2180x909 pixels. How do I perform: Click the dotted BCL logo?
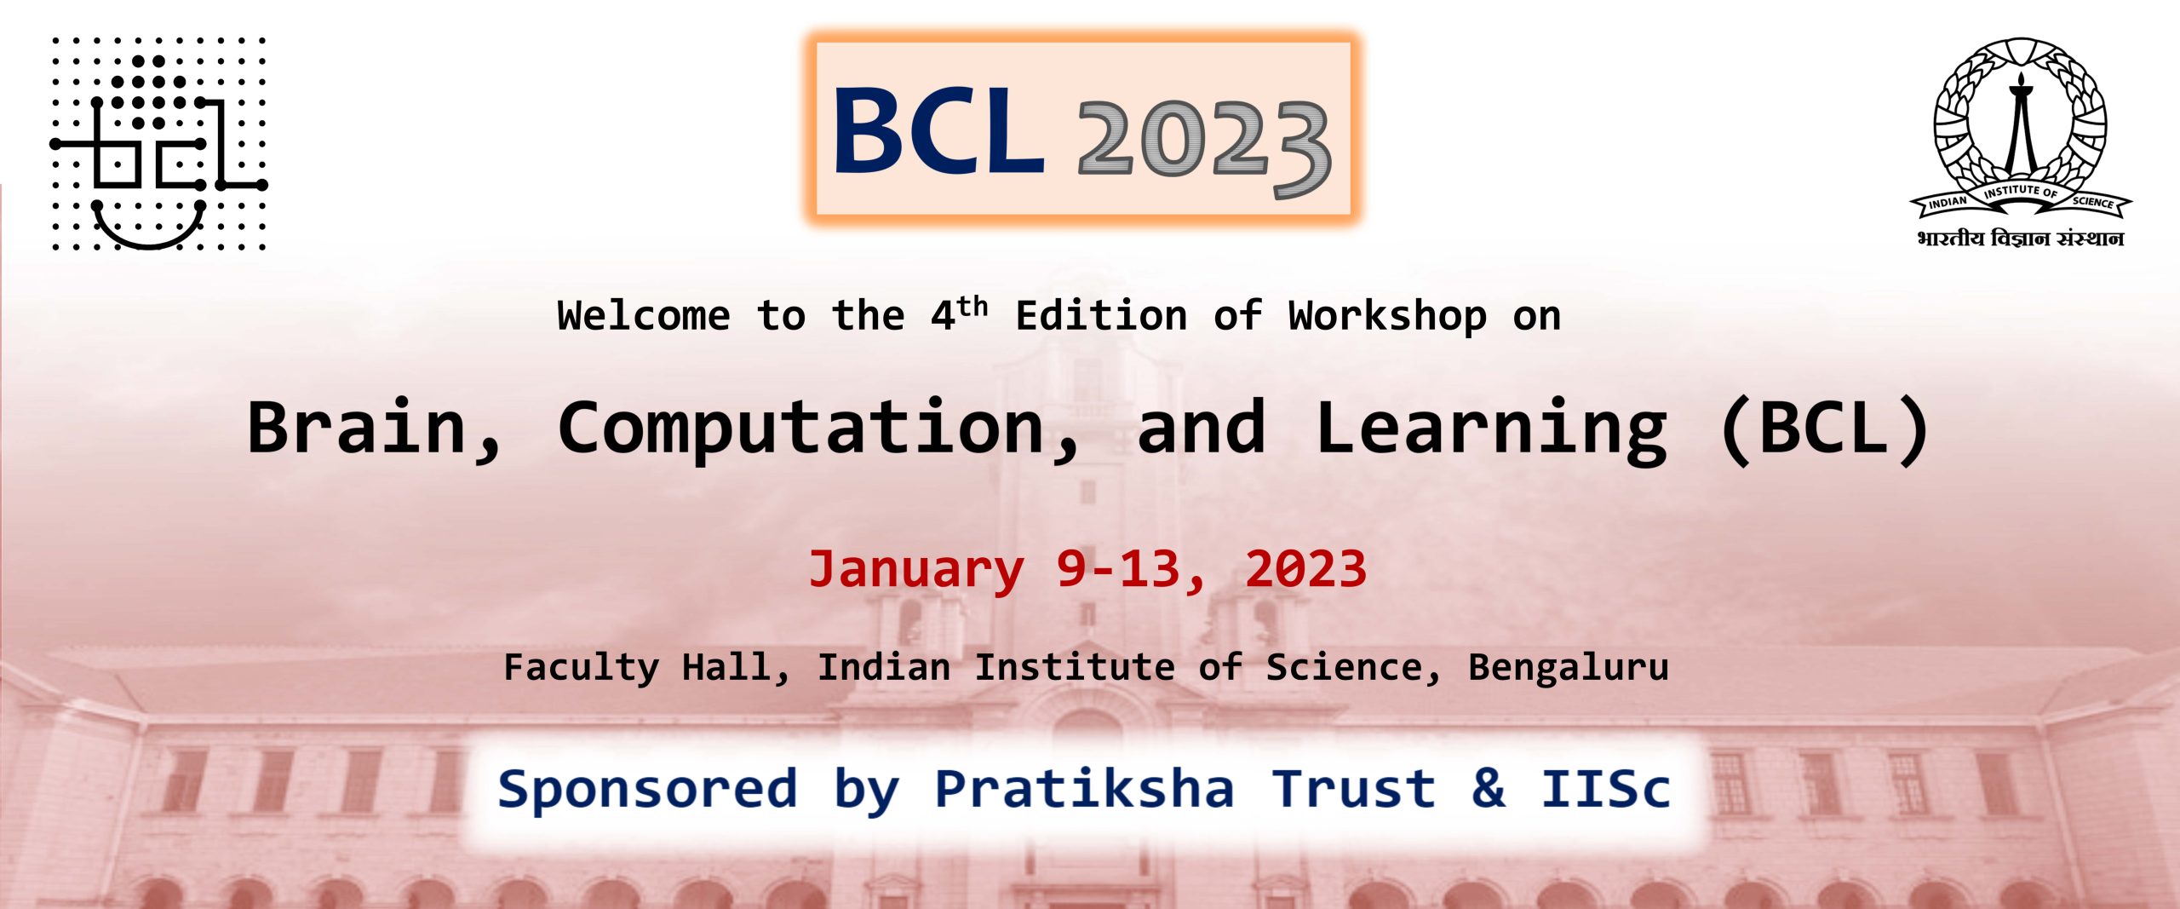point(158,143)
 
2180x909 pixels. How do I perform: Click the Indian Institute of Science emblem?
point(2020,128)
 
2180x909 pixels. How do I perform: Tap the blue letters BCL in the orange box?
point(938,131)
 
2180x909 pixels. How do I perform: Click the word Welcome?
point(644,316)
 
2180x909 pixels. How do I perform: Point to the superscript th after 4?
point(972,306)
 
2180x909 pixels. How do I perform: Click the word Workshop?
point(1387,316)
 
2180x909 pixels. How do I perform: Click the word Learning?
point(1491,431)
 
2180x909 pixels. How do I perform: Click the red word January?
point(916,570)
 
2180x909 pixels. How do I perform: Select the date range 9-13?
point(1118,568)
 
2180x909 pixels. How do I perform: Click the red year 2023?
point(1305,568)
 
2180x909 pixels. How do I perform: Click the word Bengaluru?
point(1568,667)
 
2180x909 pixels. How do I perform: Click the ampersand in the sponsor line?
point(1488,787)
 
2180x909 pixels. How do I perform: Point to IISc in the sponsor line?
point(1606,787)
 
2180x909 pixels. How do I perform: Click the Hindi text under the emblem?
point(2020,238)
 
